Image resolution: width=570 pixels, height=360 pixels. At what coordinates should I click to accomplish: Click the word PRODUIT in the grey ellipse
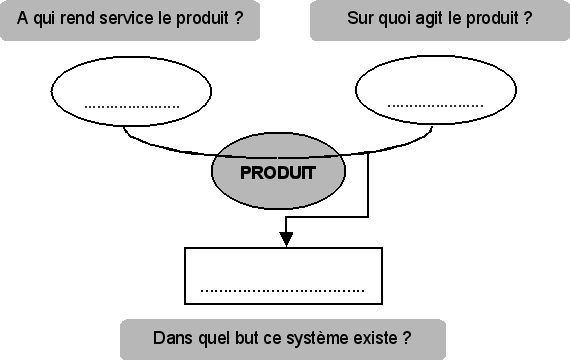[x=278, y=172]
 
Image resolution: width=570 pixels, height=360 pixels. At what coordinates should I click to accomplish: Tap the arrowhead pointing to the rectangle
[x=286, y=238]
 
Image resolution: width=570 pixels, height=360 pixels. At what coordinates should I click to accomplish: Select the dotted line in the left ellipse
[x=132, y=105]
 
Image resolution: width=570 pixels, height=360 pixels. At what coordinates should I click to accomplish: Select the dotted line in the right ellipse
[x=435, y=105]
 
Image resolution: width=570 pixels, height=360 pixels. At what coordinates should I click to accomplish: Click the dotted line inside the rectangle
[x=283, y=291]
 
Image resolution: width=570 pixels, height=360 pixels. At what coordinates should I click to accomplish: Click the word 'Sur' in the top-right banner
[x=359, y=18]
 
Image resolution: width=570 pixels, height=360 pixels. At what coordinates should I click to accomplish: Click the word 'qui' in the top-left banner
[x=40, y=18]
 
